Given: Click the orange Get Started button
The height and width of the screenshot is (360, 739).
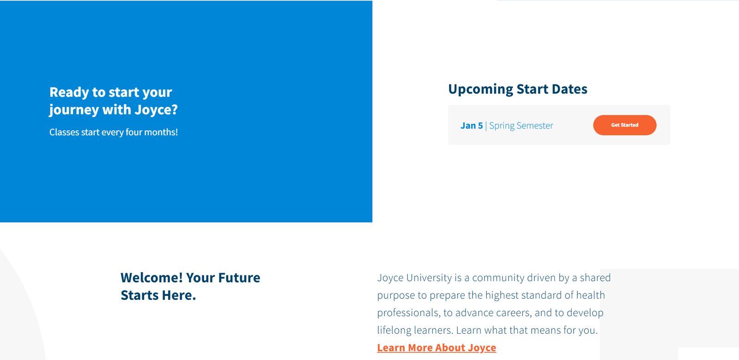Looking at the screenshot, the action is click(624, 125).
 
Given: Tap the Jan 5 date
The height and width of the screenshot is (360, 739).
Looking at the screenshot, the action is click(472, 126).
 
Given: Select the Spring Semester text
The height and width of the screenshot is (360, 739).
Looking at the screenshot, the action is click(521, 126).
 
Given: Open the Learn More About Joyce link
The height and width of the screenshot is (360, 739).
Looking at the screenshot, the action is click(436, 348).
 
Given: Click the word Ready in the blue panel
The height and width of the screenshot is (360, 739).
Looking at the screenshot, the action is click(69, 92).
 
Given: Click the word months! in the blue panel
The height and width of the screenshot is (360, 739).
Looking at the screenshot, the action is click(161, 132).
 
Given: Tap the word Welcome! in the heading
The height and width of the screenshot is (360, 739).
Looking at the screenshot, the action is click(151, 277).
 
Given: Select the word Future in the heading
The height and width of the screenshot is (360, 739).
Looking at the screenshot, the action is click(239, 277).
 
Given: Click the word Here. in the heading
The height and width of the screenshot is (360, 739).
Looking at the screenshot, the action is click(179, 295).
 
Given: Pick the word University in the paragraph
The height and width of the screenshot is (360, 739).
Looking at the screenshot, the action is click(429, 278).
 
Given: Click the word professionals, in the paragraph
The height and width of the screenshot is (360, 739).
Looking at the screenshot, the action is click(409, 313).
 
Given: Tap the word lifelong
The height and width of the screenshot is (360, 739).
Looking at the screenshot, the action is click(394, 330).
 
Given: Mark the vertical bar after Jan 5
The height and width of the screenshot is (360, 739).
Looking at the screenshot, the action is click(486, 126).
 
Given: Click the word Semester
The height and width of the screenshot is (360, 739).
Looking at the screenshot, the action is click(535, 126).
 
